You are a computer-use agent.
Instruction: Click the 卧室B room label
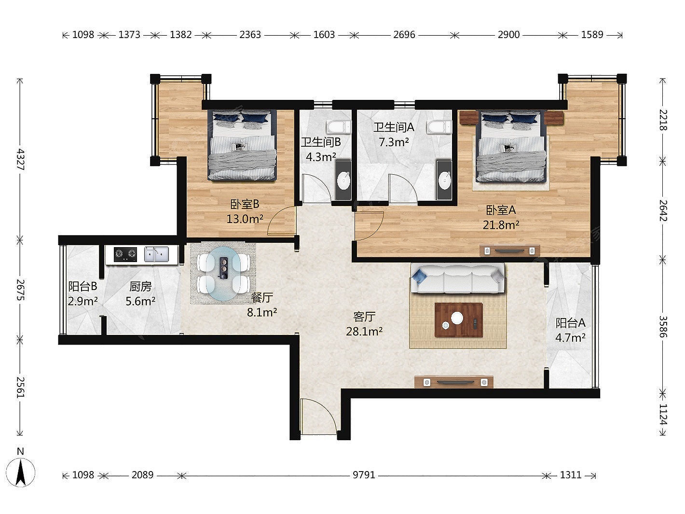click(x=245, y=205)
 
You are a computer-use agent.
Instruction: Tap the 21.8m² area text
click(x=501, y=225)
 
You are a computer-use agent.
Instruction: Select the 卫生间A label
click(x=394, y=127)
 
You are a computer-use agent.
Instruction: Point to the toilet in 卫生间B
click(x=339, y=127)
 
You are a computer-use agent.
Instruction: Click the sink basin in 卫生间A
click(x=444, y=181)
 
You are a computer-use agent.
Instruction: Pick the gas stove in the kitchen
click(x=125, y=254)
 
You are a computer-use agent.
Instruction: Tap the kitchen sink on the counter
click(x=156, y=254)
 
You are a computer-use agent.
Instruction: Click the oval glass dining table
click(x=224, y=273)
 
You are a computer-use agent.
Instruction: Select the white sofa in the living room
click(x=457, y=278)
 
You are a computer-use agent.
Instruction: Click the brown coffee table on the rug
click(x=459, y=320)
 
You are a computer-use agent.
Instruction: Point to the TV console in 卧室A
click(x=509, y=250)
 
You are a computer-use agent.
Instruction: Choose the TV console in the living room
click(x=454, y=382)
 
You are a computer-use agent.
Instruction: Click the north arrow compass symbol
click(x=21, y=472)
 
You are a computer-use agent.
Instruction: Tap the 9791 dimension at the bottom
click(x=364, y=475)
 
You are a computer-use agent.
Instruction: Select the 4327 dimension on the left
click(x=20, y=159)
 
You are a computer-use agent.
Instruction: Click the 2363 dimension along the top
click(x=250, y=34)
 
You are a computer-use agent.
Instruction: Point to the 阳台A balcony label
click(x=571, y=323)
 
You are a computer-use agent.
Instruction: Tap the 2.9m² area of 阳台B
click(x=82, y=301)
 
